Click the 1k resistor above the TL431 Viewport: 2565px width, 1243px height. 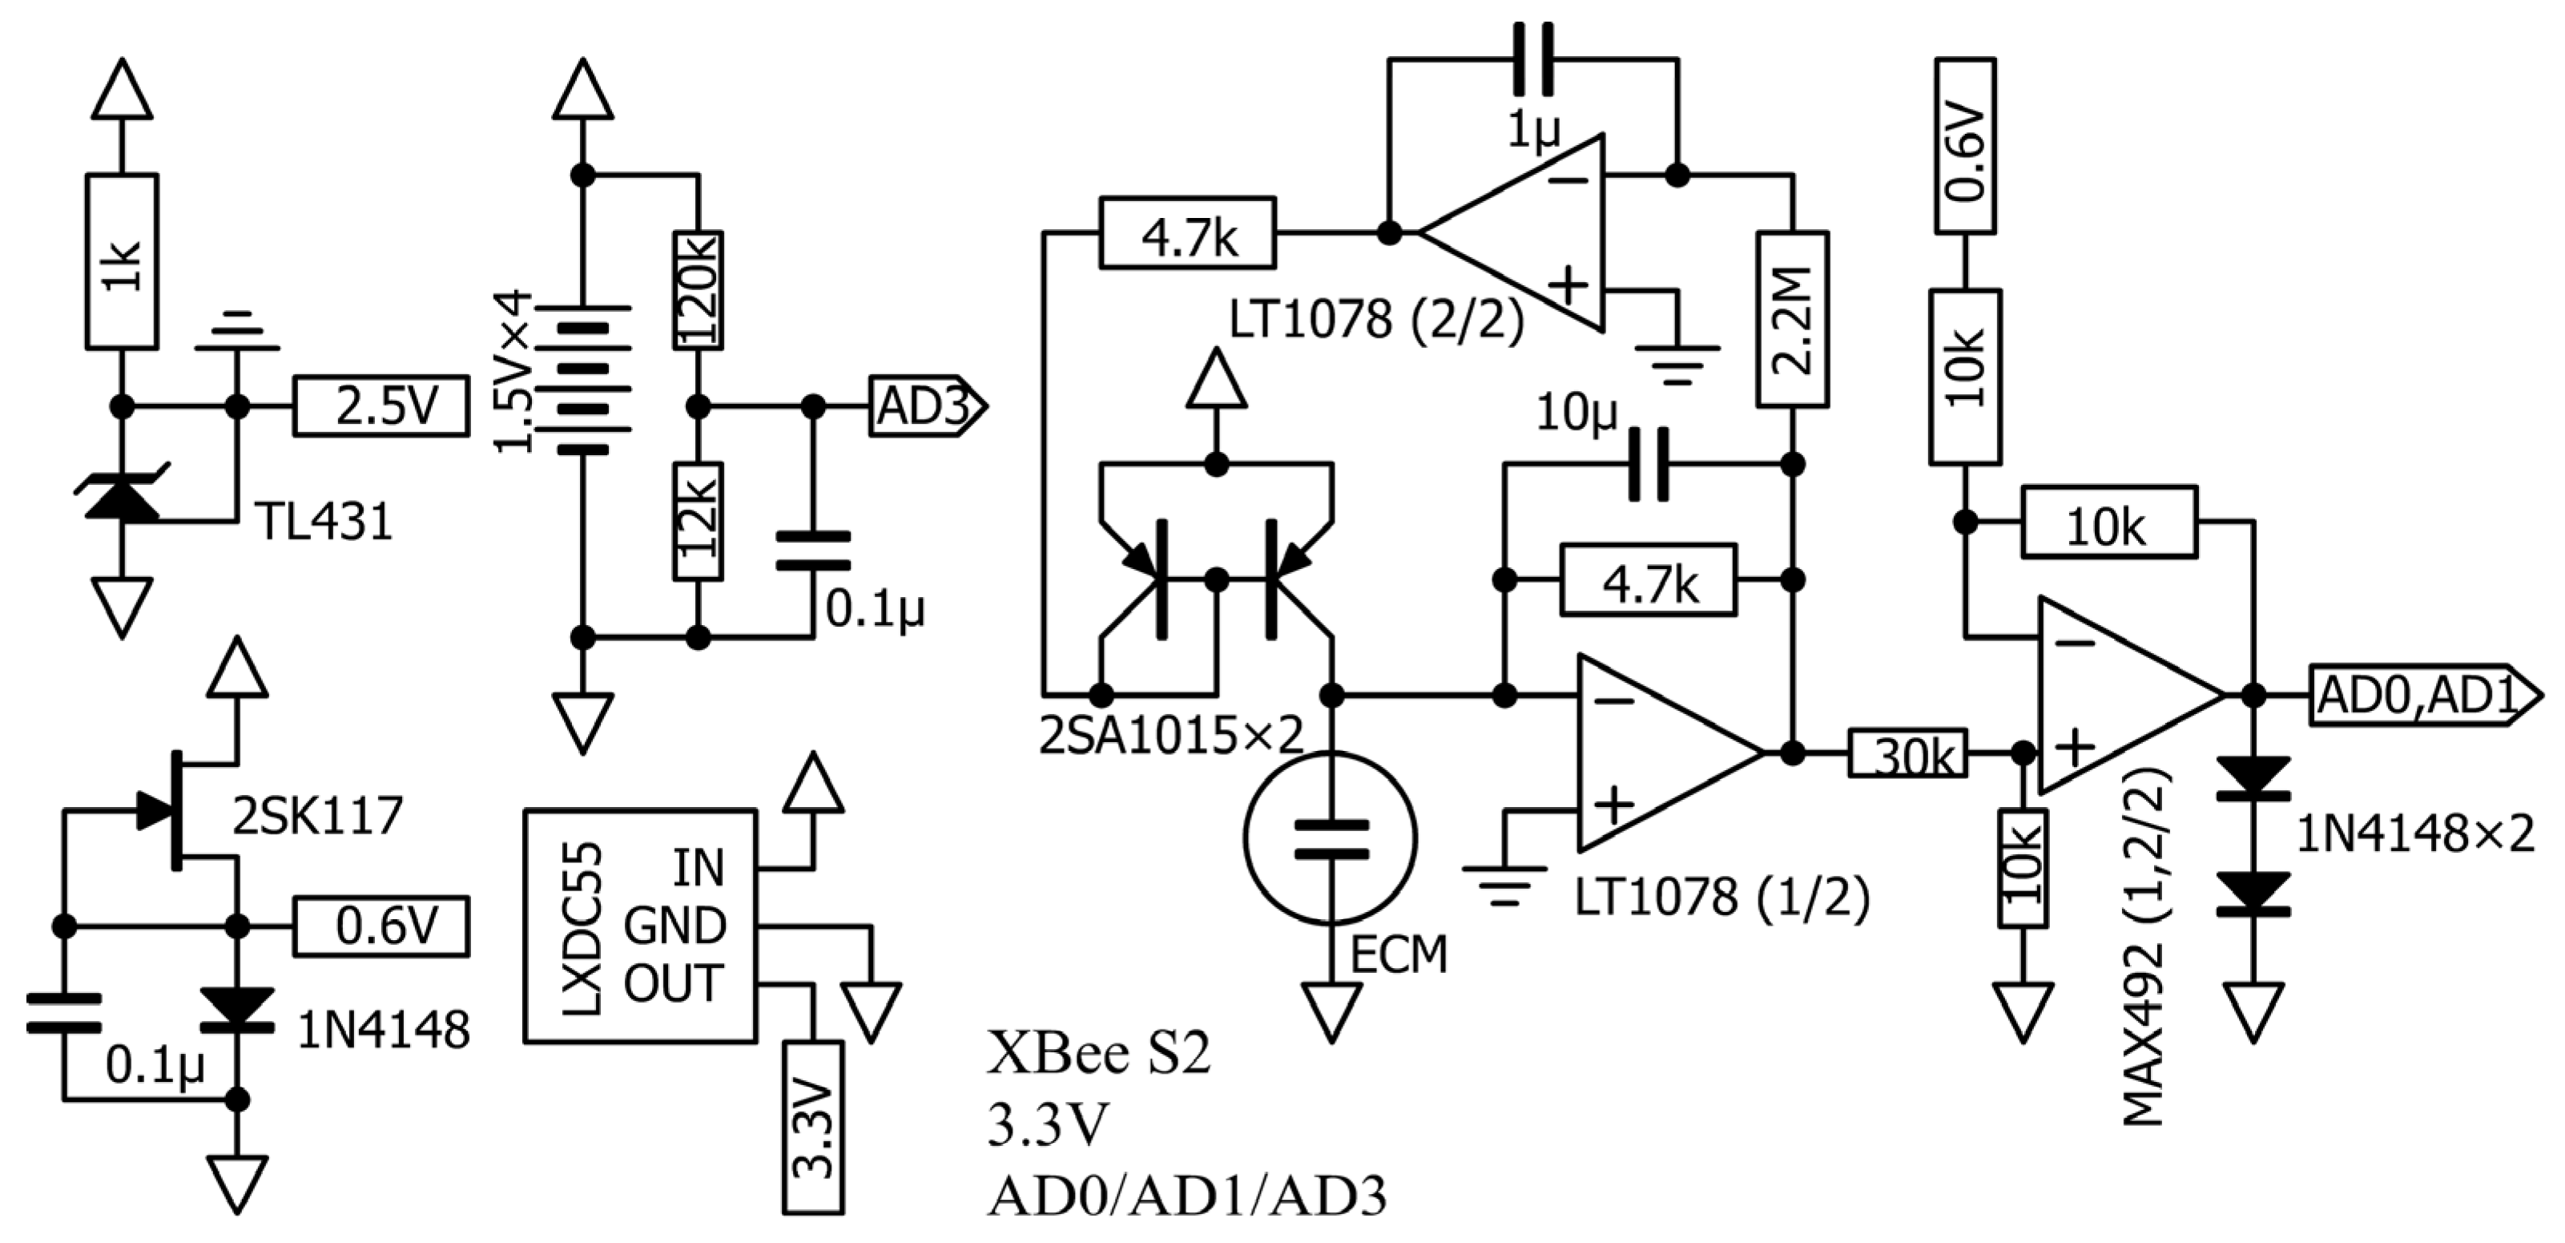(x=122, y=261)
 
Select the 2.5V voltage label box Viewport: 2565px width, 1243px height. (x=381, y=406)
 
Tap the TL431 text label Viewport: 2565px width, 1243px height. (x=324, y=521)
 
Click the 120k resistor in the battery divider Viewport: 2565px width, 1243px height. (x=698, y=290)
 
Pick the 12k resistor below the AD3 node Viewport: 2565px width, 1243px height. (x=698, y=521)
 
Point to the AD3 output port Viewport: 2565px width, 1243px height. (x=926, y=406)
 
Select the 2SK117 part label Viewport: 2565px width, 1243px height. (x=316, y=816)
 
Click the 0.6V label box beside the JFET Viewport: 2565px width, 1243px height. (x=381, y=926)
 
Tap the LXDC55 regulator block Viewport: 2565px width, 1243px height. (x=640, y=926)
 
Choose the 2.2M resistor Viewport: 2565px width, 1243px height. (x=1792, y=319)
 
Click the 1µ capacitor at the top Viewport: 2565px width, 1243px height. (x=1533, y=60)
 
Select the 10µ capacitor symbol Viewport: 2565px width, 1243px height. (x=1648, y=464)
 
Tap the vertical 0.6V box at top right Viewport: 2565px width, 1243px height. (x=1964, y=145)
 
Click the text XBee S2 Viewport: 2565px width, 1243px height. (x=1097, y=1054)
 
